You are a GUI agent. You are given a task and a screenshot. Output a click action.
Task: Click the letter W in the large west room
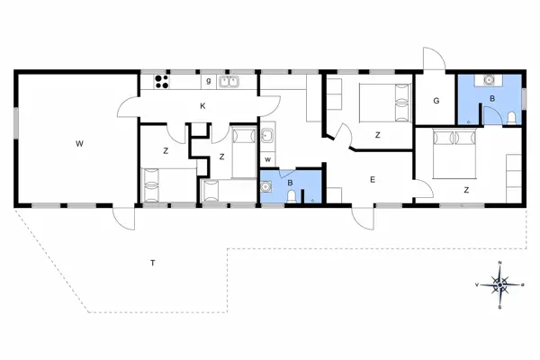tap(79, 142)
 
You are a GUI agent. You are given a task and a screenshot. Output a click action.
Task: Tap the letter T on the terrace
tap(154, 263)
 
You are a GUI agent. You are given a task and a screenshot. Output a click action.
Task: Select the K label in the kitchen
tap(203, 106)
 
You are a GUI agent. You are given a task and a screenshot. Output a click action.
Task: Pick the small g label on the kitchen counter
tap(208, 81)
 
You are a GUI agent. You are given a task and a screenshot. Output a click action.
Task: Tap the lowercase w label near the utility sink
tap(267, 159)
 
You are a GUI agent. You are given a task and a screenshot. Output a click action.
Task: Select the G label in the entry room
tap(436, 102)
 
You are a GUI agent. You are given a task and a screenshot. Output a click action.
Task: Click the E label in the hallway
tap(372, 180)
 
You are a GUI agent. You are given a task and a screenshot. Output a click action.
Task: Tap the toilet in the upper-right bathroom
tap(510, 119)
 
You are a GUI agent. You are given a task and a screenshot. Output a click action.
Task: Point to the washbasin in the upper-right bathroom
tap(490, 80)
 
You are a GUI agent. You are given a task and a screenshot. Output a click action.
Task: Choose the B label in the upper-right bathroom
tap(491, 98)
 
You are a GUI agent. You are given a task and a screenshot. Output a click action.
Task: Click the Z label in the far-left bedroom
tap(166, 150)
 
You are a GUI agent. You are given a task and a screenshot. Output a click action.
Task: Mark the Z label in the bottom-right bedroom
tap(466, 190)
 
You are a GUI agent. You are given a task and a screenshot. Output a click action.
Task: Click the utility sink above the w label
tap(267, 138)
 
